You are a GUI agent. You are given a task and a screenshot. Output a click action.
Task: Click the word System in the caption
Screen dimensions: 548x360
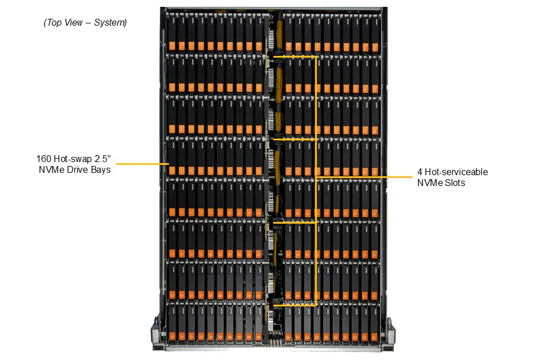click(110, 23)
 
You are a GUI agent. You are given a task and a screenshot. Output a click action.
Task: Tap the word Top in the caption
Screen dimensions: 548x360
click(54, 23)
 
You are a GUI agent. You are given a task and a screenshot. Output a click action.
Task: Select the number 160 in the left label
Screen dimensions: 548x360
click(44, 159)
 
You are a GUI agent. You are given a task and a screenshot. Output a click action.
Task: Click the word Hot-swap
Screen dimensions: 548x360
click(72, 159)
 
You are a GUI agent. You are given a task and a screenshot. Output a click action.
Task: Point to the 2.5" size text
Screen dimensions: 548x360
click(102, 159)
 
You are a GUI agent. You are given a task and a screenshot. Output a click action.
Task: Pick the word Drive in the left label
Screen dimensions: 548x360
click(77, 169)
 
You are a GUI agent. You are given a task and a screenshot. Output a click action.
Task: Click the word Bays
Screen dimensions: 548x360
click(100, 170)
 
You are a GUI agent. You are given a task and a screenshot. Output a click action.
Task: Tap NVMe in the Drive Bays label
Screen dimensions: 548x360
click(51, 169)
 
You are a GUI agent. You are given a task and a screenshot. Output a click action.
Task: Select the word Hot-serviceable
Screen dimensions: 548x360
click(456, 172)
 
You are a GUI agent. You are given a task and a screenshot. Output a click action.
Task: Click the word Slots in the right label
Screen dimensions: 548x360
click(455, 183)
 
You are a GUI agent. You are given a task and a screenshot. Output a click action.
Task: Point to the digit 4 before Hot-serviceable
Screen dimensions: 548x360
click(420, 172)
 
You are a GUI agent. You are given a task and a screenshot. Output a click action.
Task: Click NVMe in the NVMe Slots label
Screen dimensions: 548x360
click(430, 183)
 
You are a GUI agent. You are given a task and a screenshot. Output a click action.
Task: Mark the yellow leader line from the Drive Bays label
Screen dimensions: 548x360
click(142, 164)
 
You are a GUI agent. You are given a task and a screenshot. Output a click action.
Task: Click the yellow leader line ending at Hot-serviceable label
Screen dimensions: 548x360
click(365, 177)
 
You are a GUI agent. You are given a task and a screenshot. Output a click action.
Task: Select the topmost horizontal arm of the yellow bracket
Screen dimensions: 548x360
click(295, 56)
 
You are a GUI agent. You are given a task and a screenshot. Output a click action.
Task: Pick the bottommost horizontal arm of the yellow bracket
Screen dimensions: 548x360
click(295, 305)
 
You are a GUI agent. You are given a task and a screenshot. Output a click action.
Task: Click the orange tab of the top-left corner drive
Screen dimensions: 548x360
click(172, 46)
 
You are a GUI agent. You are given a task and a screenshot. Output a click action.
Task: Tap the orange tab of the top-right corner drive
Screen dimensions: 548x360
click(375, 47)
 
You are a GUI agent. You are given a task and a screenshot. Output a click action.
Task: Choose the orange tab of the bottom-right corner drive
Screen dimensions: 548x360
click(374, 337)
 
